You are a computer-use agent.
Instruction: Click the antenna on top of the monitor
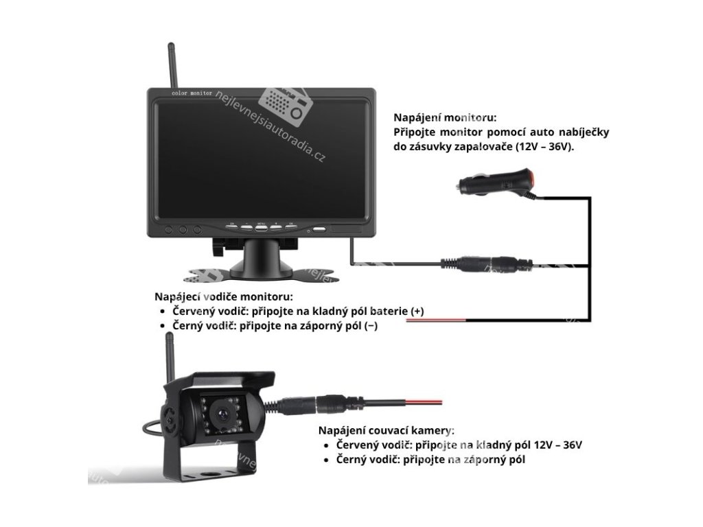[x=171, y=65]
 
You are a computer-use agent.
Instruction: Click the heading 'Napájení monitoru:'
[x=445, y=117]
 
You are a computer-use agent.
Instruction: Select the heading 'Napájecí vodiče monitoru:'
[x=224, y=297]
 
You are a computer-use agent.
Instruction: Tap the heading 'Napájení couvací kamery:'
[x=386, y=430]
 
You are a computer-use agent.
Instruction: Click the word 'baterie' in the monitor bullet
[x=390, y=312]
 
